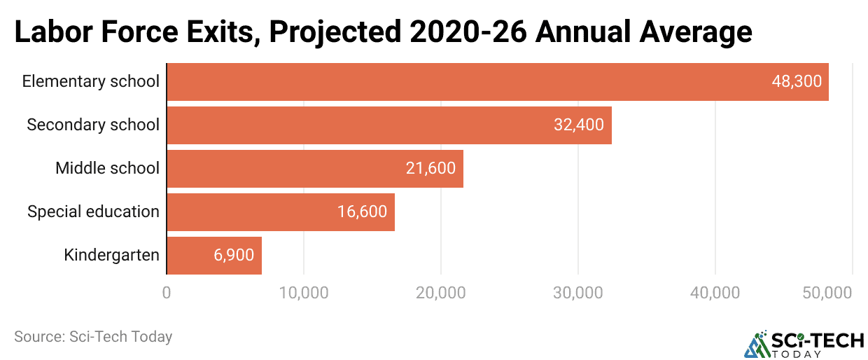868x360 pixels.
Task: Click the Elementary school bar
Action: tap(497, 82)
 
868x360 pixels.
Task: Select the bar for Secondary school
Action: tap(388, 125)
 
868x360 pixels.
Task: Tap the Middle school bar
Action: tap(314, 169)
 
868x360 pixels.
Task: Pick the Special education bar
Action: tap(280, 212)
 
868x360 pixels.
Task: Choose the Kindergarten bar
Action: tap(213, 256)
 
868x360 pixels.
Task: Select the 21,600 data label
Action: tap(430, 169)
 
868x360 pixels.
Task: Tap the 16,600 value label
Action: tap(362, 212)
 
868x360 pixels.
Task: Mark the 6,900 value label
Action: tap(234, 256)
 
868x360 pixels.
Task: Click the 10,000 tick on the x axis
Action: tap(304, 293)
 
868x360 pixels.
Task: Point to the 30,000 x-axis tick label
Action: tap(578, 293)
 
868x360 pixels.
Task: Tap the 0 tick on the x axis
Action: tap(167, 293)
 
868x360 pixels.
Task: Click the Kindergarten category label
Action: tap(111, 255)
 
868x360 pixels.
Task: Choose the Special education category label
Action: tap(93, 212)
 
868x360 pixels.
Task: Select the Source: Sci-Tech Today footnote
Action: tap(93, 337)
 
